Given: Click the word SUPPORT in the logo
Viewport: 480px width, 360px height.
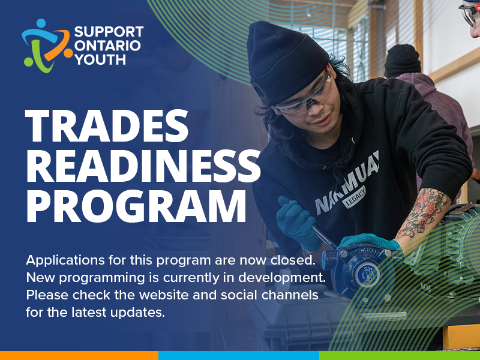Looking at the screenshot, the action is (x=109, y=32).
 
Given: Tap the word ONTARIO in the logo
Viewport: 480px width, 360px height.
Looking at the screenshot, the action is (x=107, y=46).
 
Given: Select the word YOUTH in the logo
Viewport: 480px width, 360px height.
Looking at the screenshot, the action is (x=100, y=59).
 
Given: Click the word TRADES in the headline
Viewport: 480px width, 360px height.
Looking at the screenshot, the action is (x=106, y=125).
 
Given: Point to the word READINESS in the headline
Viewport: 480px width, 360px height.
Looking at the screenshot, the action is (x=143, y=166).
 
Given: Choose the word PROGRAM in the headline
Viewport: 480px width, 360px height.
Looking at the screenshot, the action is (x=136, y=206).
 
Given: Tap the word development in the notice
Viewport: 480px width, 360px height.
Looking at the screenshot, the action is (x=282, y=278).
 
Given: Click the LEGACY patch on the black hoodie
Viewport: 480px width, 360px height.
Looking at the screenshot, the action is (x=355, y=197).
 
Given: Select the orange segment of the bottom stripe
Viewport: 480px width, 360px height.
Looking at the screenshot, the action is (x=79, y=355).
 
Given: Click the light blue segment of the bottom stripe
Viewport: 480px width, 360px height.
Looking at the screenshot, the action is (x=239, y=355).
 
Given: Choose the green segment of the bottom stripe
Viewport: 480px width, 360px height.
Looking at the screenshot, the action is (x=400, y=355).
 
